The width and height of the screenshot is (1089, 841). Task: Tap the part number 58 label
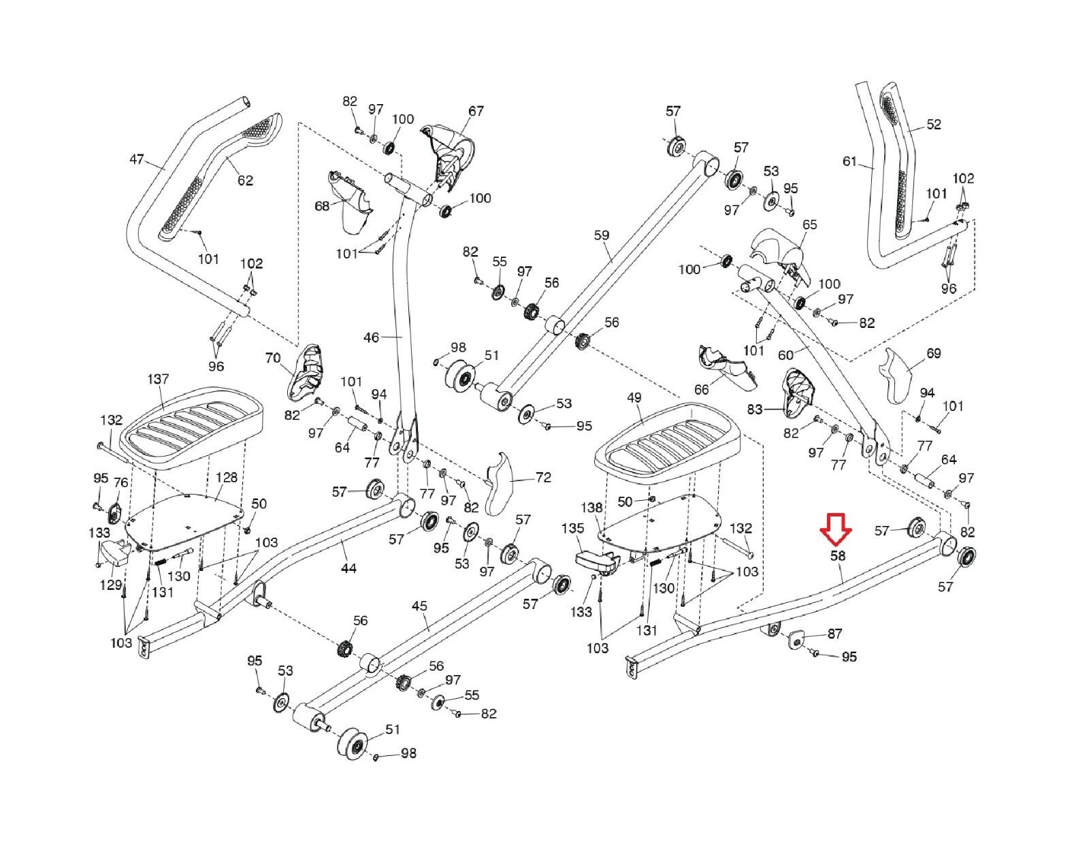pos(837,556)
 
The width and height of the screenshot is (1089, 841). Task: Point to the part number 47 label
pos(137,160)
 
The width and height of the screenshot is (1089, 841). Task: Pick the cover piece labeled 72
pos(502,482)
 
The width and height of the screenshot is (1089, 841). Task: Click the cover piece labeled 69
pos(900,376)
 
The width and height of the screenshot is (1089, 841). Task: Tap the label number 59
pos(602,236)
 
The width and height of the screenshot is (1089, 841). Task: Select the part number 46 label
pos(372,337)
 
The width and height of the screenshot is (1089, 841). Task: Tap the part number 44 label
pos(348,568)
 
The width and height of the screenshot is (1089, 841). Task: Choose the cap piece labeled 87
pos(796,640)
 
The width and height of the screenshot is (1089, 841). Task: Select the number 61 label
pos(849,161)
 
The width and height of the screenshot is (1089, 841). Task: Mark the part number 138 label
pos(592,508)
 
